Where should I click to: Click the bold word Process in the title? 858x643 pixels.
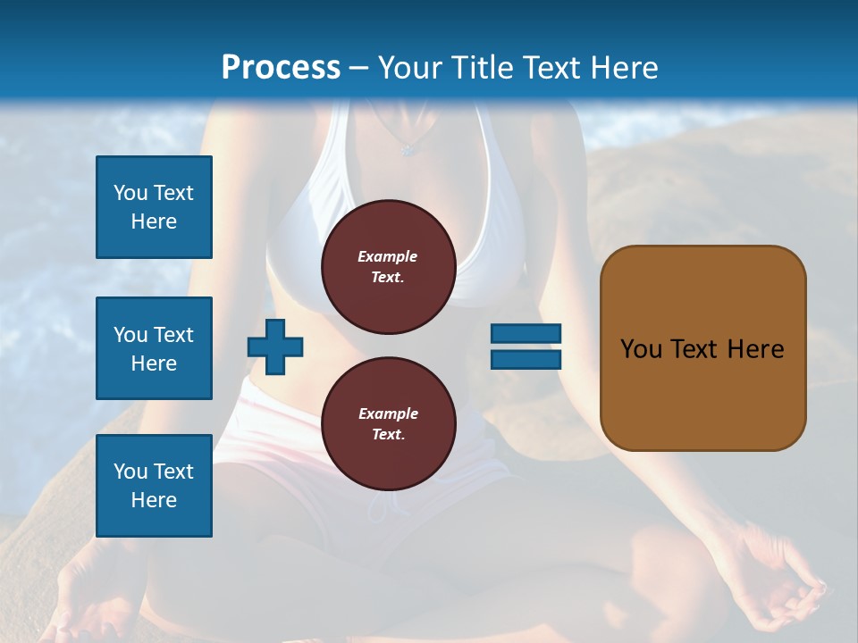tap(281, 67)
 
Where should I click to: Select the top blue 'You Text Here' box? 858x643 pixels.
tap(154, 207)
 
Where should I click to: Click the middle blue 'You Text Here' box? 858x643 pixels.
tap(154, 348)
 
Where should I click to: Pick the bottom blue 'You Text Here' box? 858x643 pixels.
tap(154, 485)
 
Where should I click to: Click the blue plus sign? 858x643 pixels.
tap(275, 347)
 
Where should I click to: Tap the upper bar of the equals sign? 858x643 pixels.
tap(526, 333)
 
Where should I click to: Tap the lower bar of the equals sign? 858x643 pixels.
tap(526, 359)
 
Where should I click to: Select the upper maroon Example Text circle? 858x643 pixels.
tap(388, 266)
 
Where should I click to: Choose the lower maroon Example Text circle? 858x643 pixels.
tap(388, 423)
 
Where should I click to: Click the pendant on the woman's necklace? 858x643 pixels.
tap(408, 150)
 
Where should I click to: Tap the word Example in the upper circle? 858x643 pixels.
tap(387, 256)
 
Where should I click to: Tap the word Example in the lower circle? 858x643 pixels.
tap(387, 413)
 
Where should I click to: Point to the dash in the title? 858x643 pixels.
tap(358, 68)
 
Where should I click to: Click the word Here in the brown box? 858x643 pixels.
tap(755, 349)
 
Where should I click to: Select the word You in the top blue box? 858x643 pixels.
tap(130, 193)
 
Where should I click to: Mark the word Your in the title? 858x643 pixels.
tap(410, 67)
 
